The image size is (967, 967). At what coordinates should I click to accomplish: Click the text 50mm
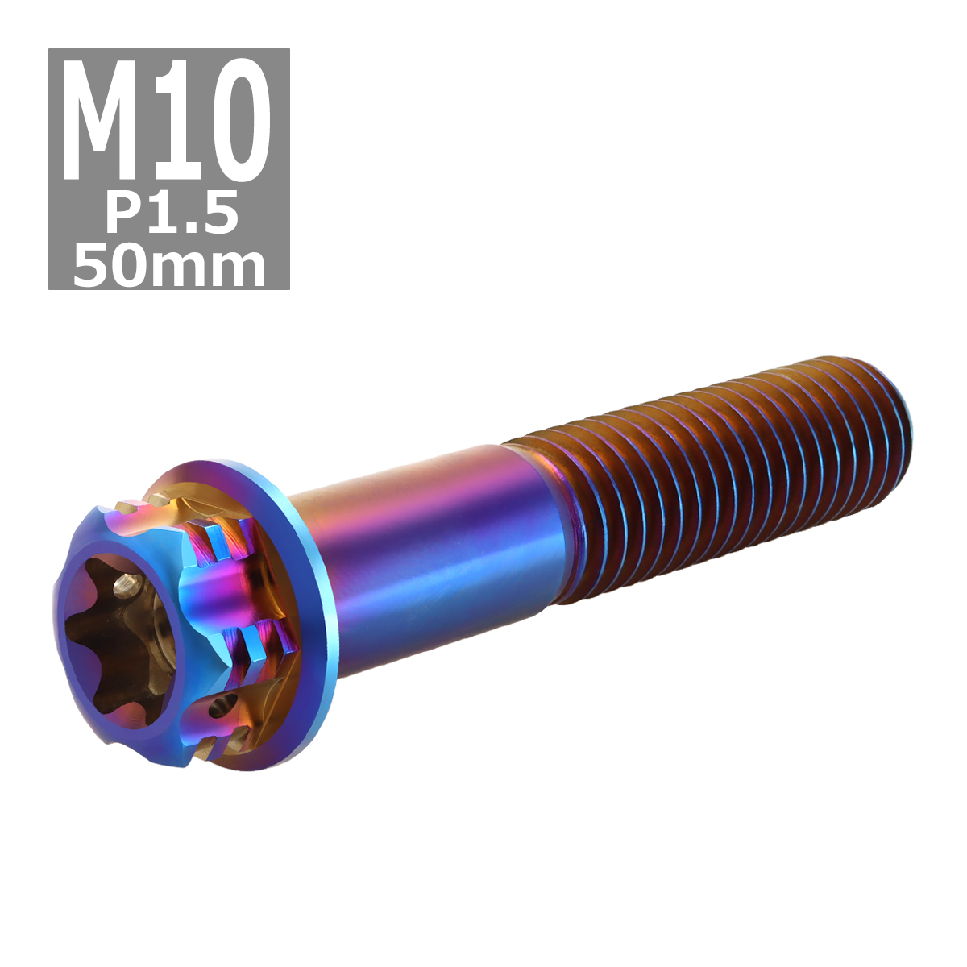click(x=169, y=266)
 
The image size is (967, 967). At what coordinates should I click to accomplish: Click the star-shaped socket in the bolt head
click(x=113, y=637)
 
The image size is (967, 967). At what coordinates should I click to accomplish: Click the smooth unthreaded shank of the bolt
click(x=435, y=556)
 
